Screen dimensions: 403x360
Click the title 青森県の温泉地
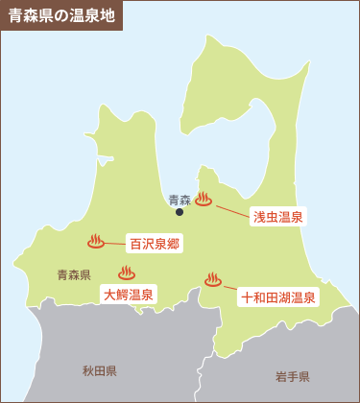pyautogui.click(x=60, y=16)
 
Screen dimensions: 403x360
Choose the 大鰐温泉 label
pyautogui.click(x=129, y=296)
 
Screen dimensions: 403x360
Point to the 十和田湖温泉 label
pyautogui.click(x=278, y=297)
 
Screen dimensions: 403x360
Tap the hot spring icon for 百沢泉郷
pyautogui.click(x=95, y=241)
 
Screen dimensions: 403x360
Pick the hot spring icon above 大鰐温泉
pyautogui.click(x=126, y=273)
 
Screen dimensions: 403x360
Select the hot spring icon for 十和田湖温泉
pyautogui.click(x=212, y=279)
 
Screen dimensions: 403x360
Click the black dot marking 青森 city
pyautogui.click(x=179, y=212)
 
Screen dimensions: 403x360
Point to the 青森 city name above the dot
pyautogui.click(x=179, y=200)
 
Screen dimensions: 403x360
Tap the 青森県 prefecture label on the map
pyautogui.click(x=74, y=274)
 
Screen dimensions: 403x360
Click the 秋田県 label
pyautogui.click(x=99, y=370)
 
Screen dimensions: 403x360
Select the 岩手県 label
pyautogui.click(x=291, y=375)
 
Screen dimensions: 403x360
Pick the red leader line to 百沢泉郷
pyautogui.click(x=115, y=242)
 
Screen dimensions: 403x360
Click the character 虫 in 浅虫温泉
pyautogui.click(x=272, y=217)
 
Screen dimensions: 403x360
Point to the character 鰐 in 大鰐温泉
pyautogui.click(x=122, y=296)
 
